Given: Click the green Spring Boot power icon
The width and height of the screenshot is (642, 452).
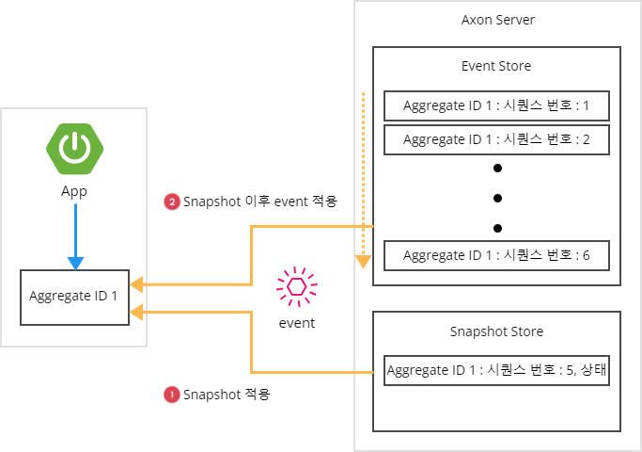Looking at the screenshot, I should [74, 148].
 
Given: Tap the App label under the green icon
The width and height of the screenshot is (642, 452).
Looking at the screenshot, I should [74, 190].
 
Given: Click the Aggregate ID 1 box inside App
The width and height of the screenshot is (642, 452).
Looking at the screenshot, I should [74, 296].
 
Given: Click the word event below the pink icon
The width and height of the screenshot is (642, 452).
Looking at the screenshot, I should [297, 323].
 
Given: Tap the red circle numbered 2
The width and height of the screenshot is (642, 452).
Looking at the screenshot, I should [171, 202].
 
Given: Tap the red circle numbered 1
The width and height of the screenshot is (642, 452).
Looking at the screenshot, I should [171, 395].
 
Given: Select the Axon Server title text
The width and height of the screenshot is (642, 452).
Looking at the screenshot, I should [497, 20].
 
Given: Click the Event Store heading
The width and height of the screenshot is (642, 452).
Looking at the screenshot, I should [496, 66].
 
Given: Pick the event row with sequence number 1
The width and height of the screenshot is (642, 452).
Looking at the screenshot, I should [496, 105].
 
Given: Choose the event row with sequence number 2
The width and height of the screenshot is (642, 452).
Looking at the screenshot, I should [496, 139].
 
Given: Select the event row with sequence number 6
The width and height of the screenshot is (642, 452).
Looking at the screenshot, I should [496, 255].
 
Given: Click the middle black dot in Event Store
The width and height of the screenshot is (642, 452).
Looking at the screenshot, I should [497, 198].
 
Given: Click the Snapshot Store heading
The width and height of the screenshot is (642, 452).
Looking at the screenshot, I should [496, 331].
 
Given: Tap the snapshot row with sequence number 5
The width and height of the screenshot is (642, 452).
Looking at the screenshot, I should [496, 370].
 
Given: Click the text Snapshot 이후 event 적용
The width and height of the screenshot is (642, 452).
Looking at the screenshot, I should [259, 202].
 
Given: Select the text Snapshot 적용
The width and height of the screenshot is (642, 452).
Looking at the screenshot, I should [227, 395].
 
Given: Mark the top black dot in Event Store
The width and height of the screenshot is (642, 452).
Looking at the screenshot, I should [497, 168].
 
